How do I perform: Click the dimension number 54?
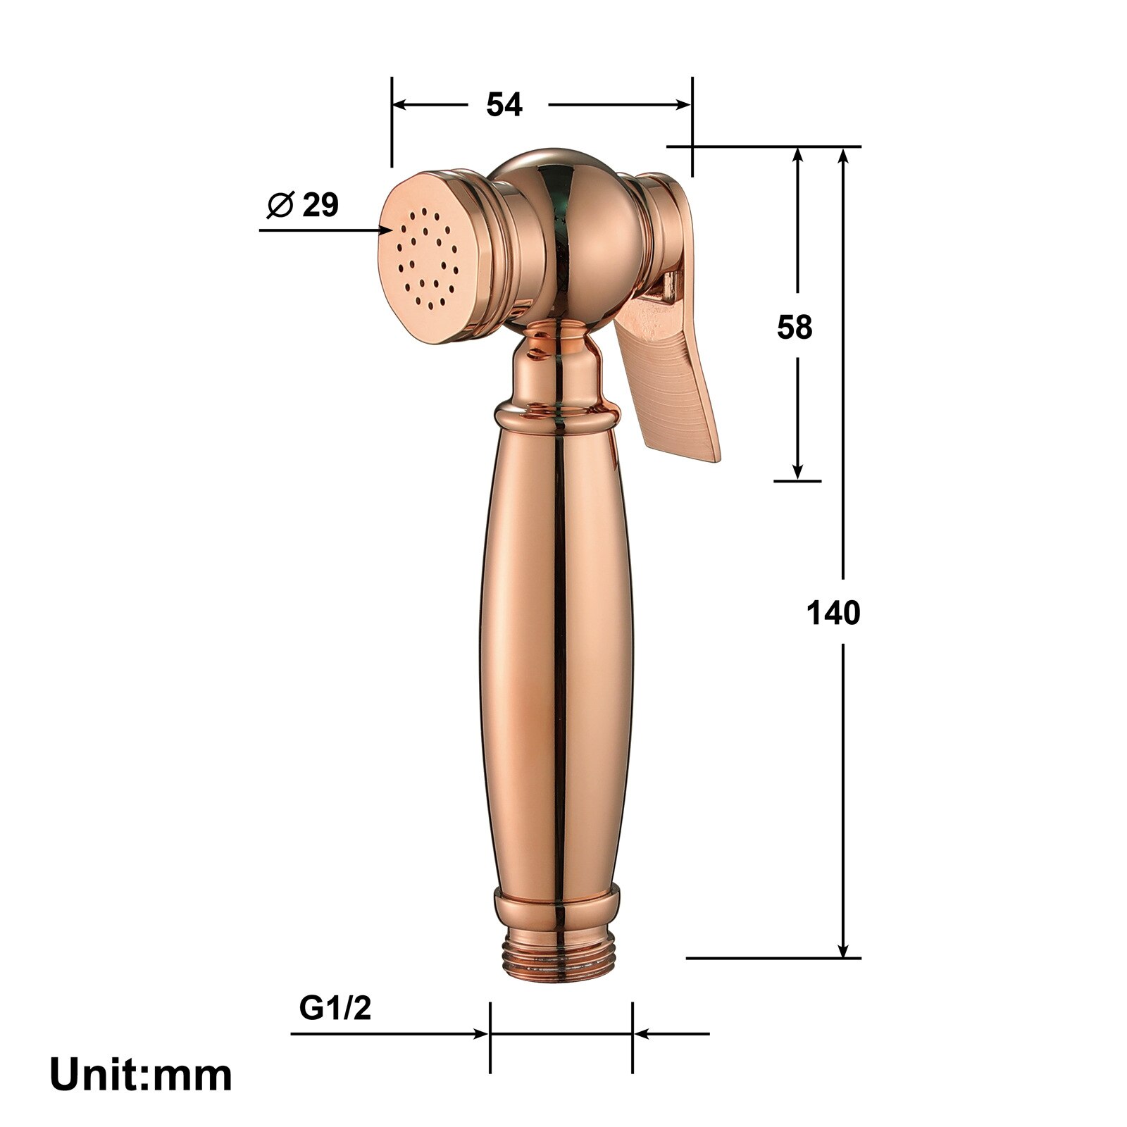504,106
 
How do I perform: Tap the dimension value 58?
795,328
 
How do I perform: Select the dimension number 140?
833,614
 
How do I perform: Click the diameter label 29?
320,205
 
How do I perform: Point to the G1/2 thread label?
335,1009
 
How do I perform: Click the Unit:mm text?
141,1076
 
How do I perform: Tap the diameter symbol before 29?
280,205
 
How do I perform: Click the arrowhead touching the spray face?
387,230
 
